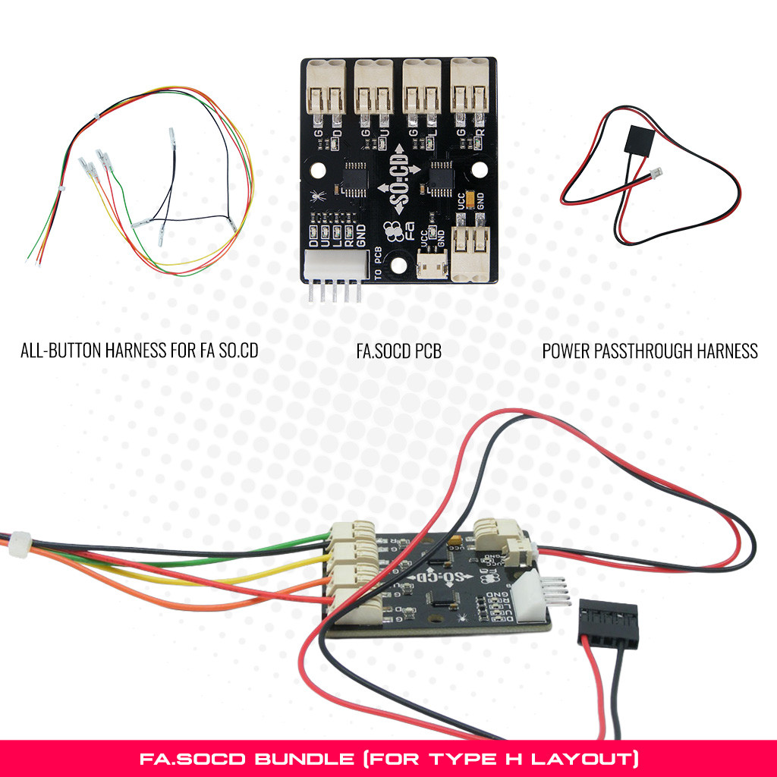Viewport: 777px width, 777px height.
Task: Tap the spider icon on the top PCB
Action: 315,195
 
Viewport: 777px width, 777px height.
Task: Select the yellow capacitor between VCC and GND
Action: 472,199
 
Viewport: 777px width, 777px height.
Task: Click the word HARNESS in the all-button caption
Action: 149,351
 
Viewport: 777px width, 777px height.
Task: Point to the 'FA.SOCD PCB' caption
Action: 398,351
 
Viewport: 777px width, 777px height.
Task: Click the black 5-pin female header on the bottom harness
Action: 609,623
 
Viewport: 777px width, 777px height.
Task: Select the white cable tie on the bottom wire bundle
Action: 20,544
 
